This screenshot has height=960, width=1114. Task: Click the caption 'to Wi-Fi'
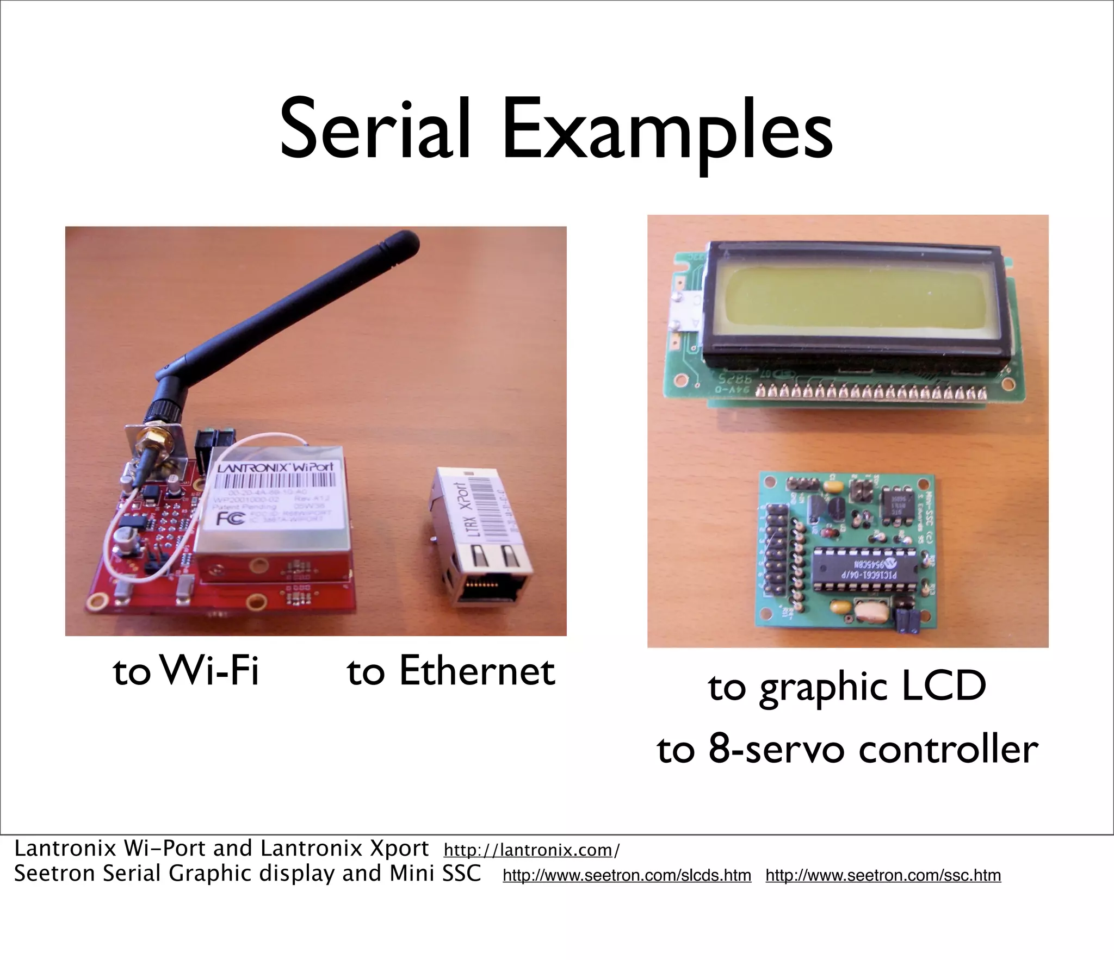click(185, 671)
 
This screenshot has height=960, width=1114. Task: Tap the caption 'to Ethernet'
click(451, 671)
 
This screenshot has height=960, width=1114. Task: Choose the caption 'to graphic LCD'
click(847, 687)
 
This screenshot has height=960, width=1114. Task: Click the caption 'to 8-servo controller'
click(847, 750)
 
